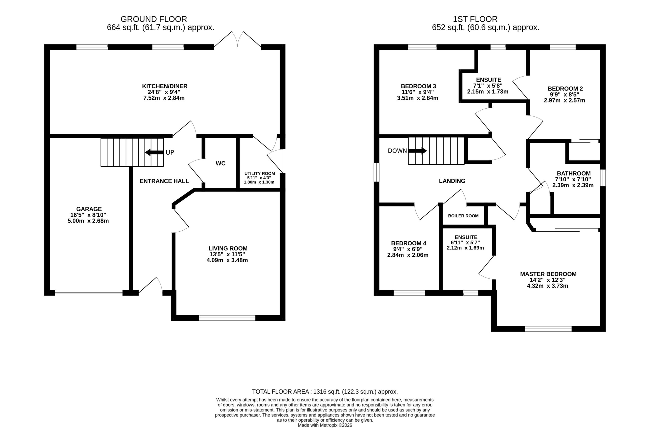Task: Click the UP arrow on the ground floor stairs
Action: point(154,152)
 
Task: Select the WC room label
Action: point(220,164)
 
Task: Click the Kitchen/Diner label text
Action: point(165,86)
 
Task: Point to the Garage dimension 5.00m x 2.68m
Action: point(88,221)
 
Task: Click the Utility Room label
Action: point(259,174)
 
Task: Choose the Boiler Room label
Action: point(463,216)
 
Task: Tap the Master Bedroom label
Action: point(548,274)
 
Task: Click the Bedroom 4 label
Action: point(409,243)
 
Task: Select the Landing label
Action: point(452,181)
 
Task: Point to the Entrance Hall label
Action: point(164,181)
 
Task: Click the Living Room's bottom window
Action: point(227,318)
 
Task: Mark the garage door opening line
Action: point(89,293)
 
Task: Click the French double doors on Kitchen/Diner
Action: point(238,40)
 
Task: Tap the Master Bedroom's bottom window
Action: point(548,329)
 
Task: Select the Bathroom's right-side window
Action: point(603,178)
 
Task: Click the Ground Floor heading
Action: point(154,19)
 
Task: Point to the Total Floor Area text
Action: point(325,392)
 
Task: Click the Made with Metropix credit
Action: point(325,425)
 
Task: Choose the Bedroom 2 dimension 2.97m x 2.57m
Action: point(564,100)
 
